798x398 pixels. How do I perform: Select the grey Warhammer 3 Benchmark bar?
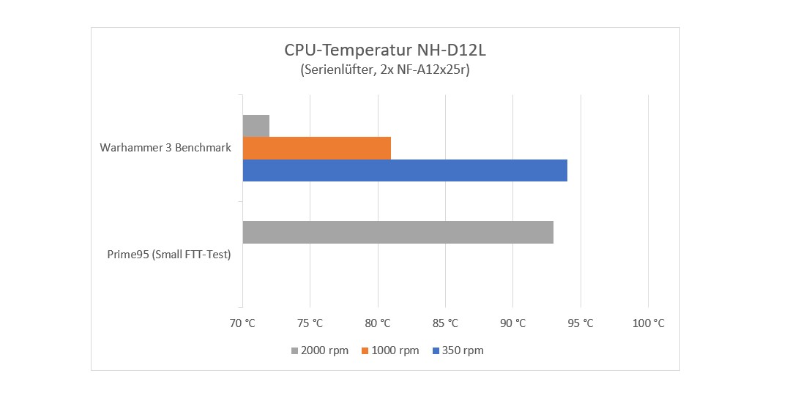256,126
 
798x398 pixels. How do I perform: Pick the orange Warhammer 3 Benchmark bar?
316,148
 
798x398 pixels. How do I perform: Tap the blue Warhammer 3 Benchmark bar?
404,170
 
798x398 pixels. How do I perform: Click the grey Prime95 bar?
398,232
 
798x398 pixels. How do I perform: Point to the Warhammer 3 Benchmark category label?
165,148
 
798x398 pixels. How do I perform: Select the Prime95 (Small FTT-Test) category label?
164,255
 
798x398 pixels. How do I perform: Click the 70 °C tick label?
242,323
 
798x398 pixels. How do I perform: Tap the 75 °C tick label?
310,323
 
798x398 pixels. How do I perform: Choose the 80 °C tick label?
378,323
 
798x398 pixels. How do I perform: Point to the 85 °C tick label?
445,323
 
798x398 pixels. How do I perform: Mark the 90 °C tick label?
512,323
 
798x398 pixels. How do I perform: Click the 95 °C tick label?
581,323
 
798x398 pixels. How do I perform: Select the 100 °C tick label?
648,323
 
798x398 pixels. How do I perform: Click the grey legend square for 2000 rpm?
295,350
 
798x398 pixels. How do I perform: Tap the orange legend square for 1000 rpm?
365,350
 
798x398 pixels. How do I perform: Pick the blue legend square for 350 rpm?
435,350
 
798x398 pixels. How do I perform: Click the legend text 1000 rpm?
395,350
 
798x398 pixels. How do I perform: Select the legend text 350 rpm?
463,350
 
